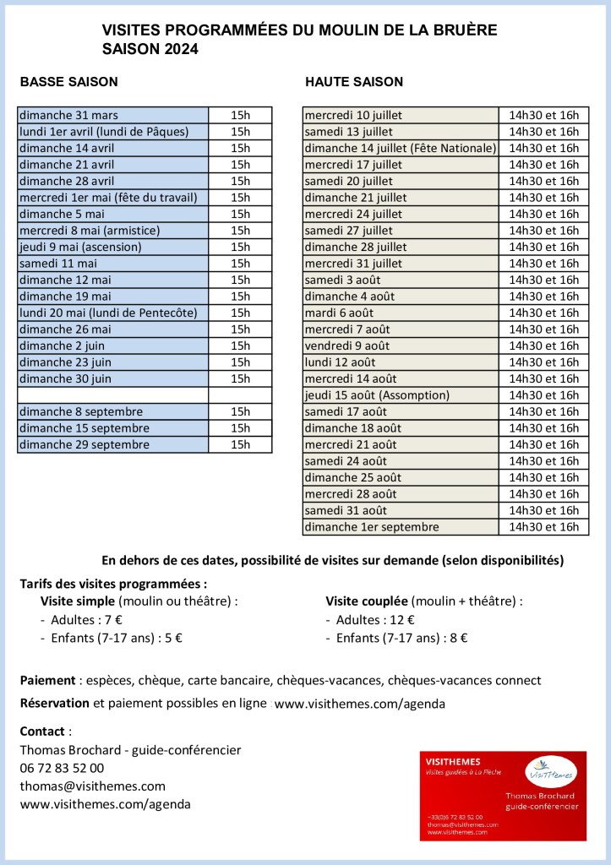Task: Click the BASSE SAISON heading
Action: click(x=68, y=82)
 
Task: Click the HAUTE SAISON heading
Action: click(x=354, y=82)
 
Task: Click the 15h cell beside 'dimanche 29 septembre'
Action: click(x=240, y=444)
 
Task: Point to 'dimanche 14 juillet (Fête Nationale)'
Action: click(x=401, y=148)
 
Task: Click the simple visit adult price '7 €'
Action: click(x=113, y=619)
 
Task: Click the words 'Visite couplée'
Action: click(x=367, y=601)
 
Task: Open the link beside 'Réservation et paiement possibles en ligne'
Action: click(x=360, y=703)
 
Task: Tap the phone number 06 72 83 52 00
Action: click(x=62, y=768)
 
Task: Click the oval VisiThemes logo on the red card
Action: click(x=550, y=770)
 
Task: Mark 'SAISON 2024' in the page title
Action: click(x=150, y=49)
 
